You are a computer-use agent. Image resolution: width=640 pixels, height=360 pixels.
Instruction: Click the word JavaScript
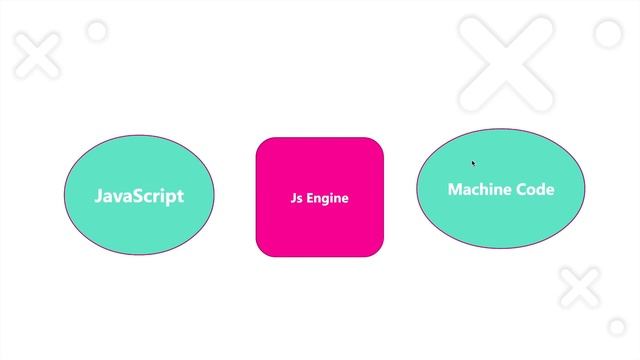139,196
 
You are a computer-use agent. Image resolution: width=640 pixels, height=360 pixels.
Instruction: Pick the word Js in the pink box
297,198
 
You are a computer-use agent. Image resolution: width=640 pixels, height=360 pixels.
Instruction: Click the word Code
535,189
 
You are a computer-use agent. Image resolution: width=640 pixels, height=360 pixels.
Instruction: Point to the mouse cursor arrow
474,163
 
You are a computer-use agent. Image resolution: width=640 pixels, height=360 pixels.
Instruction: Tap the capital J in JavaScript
99,196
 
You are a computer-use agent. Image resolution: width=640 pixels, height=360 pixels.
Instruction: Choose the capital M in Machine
455,189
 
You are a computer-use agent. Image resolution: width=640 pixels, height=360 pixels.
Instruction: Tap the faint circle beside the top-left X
97,32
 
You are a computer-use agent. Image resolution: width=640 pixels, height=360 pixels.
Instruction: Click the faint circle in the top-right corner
607,34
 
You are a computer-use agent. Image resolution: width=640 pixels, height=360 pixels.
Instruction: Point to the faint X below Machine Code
579,287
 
